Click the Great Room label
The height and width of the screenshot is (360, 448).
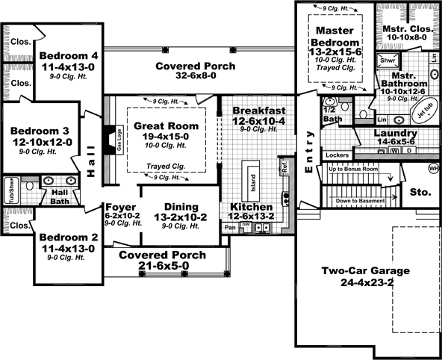(167, 125)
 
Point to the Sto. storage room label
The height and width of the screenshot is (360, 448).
(420, 192)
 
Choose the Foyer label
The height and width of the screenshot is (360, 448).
(119, 207)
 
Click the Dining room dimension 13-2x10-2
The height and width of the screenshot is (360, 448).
(176, 217)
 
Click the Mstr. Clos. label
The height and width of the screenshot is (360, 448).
(404, 29)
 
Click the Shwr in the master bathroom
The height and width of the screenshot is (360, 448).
(388, 60)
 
